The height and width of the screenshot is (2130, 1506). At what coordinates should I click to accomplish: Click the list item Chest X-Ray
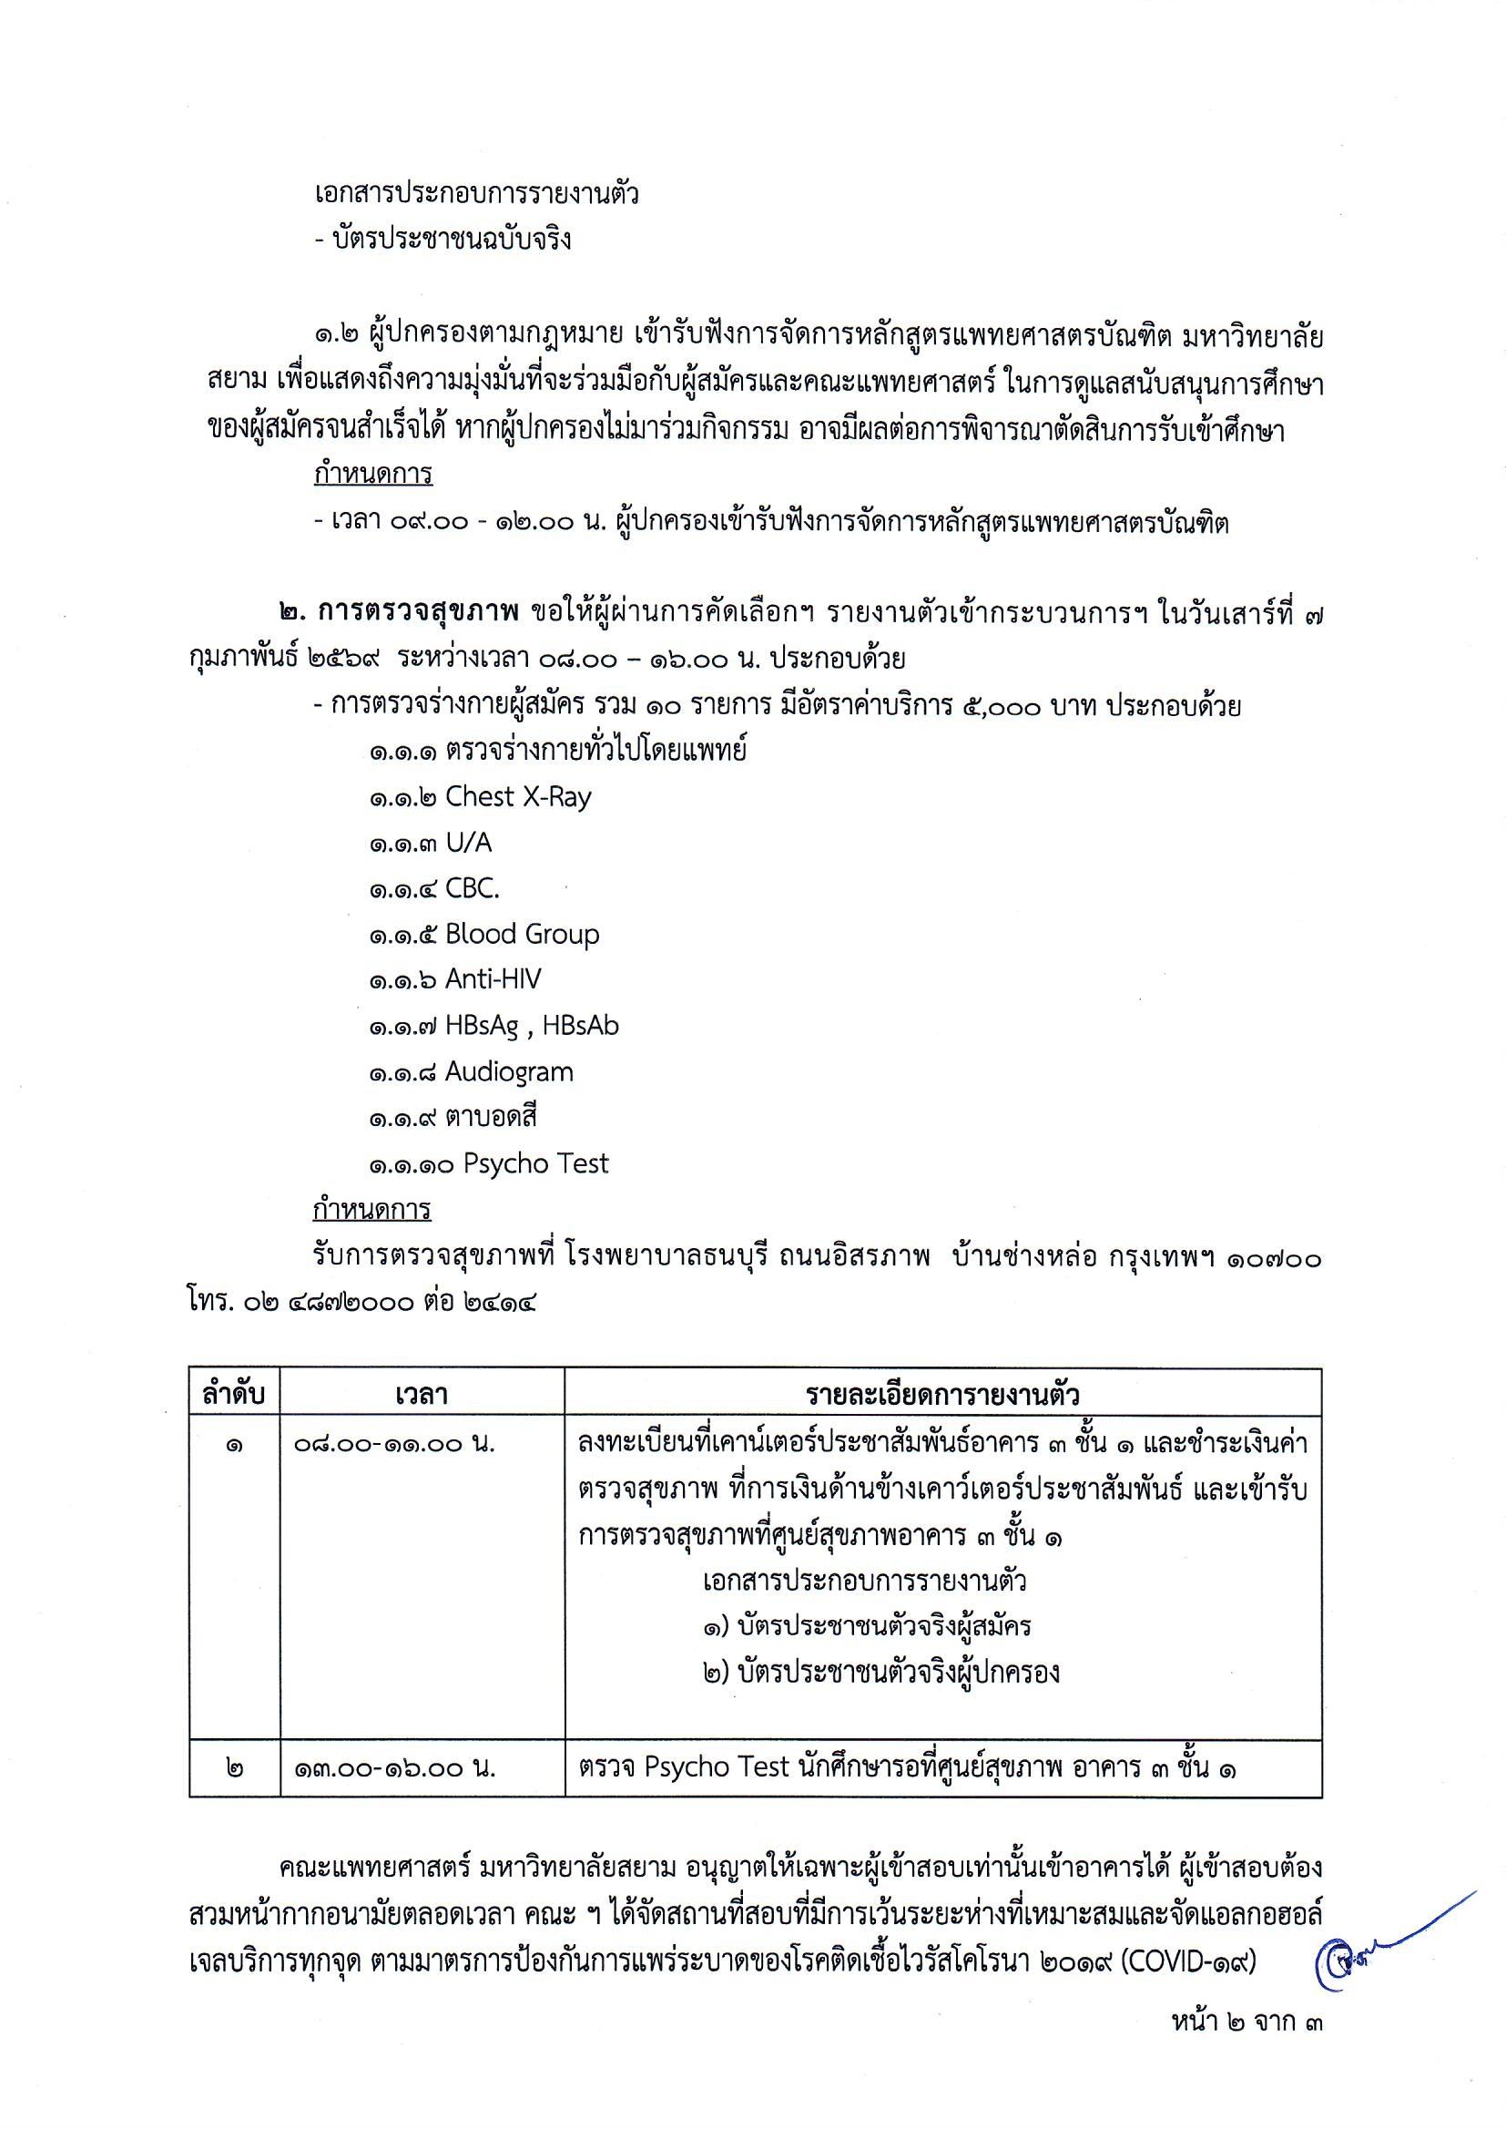tap(517, 797)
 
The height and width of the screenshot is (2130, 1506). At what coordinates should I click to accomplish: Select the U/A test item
tap(468, 843)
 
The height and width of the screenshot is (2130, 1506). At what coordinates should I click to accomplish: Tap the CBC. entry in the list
tap(472, 889)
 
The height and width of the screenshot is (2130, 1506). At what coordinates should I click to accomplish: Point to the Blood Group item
tap(522, 934)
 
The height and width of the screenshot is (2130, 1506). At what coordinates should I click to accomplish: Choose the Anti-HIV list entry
tap(493, 979)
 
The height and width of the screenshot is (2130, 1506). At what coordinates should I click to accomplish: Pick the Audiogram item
tap(509, 1072)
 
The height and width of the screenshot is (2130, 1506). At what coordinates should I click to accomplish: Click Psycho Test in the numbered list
tap(536, 1164)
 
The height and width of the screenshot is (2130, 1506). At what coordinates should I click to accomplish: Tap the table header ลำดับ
tap(235, 1396)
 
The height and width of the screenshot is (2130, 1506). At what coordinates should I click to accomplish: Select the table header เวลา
tap(422, 1396)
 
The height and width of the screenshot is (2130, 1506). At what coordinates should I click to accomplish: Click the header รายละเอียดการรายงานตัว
tap(942, 1396)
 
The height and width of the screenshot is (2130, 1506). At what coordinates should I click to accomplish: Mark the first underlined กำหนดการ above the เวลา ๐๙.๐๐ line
tap(372, 475)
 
